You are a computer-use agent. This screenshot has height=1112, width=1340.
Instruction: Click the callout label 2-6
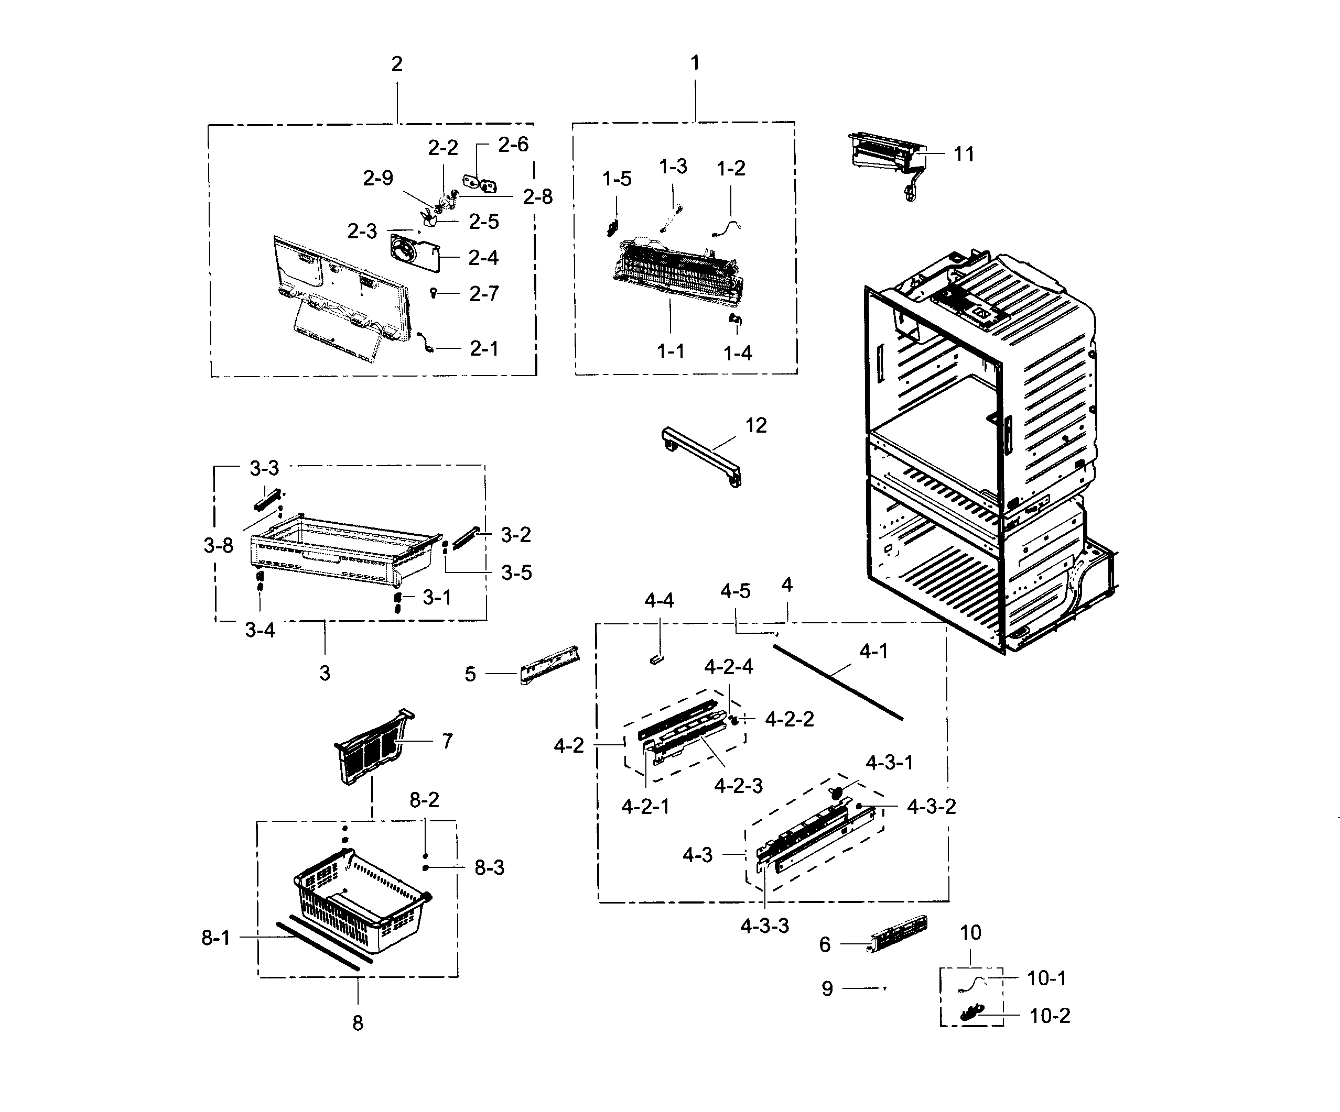click(x=513, y=145)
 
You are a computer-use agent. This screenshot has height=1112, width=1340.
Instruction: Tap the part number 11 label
click(x=964, y=155)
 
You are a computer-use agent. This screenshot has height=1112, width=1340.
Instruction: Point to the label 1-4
click(x=738, y=353)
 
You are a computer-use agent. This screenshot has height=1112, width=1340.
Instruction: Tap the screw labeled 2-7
click(x=434, y=293)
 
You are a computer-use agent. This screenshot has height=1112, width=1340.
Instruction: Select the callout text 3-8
click(x=218, y=545)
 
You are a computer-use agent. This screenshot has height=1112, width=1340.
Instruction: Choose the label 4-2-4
click(x=729, y=667)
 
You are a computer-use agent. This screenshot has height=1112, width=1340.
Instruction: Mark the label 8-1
click(x=215, y=938)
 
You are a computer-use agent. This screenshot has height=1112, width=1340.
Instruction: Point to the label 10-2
click(x=1050, y=1016)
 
